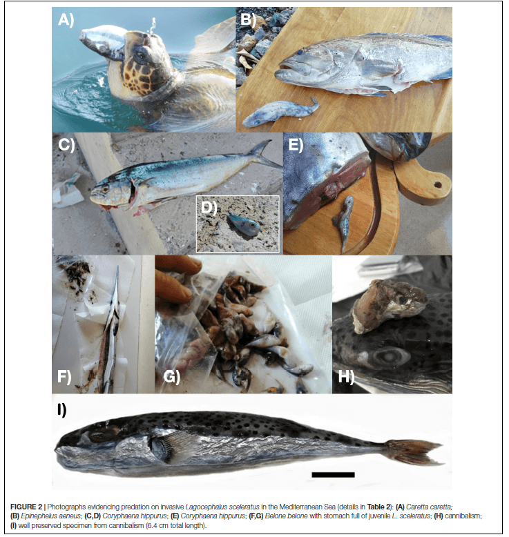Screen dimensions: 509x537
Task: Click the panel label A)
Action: pos(66,19)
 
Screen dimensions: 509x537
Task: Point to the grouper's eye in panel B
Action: pos(300,52)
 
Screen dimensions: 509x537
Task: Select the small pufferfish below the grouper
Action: pos(280,112)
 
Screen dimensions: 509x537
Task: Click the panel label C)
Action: pos(66,144)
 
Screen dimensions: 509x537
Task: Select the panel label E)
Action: pos(296,144)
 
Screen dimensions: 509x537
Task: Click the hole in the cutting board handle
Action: pos(438,185)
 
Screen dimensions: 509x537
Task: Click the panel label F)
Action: pos(64,376)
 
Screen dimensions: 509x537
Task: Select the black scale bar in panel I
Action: pos(333,475)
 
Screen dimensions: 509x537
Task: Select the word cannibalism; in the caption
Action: pos(463,516)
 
